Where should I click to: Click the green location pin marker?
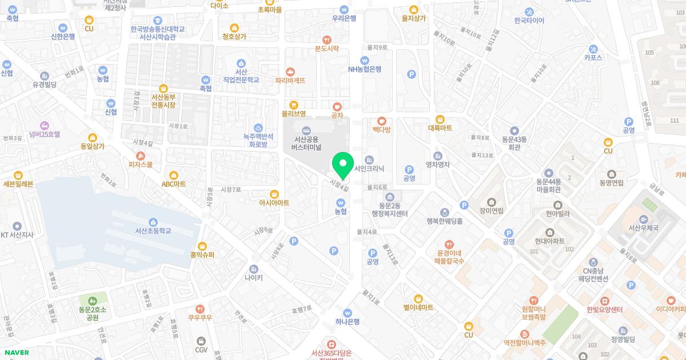[343, 166]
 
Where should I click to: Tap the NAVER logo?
[17, 353]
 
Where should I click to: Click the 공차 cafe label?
[337, 115]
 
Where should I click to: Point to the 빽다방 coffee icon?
[382, 121]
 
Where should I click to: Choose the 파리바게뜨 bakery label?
[290, 81]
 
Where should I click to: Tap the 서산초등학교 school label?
[153, 231]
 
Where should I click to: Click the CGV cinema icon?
[201, 341]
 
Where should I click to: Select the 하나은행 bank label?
[348, 321]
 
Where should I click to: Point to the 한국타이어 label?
[529, 21]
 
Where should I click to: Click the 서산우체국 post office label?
[643, 228]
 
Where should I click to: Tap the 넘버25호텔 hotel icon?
[44, 125]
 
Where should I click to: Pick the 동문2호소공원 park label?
[93, 313]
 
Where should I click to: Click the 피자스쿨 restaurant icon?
[141, 155]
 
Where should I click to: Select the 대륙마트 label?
[440, 128]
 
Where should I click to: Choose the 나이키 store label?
[253, 278]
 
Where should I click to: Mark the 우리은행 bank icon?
[344, 9]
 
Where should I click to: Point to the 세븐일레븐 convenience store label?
[18, 183]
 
